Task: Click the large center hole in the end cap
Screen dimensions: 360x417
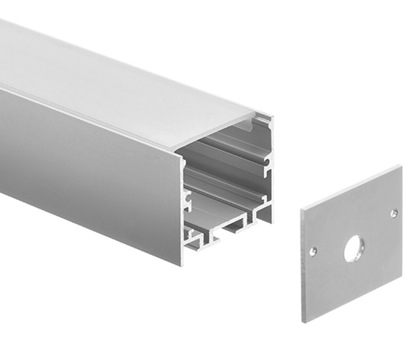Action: pos(354,248)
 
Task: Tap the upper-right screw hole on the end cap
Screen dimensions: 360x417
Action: pos(394,212)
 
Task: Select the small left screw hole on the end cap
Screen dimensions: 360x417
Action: pos(313,251)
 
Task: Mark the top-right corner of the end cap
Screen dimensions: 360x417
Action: pos(401,166)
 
